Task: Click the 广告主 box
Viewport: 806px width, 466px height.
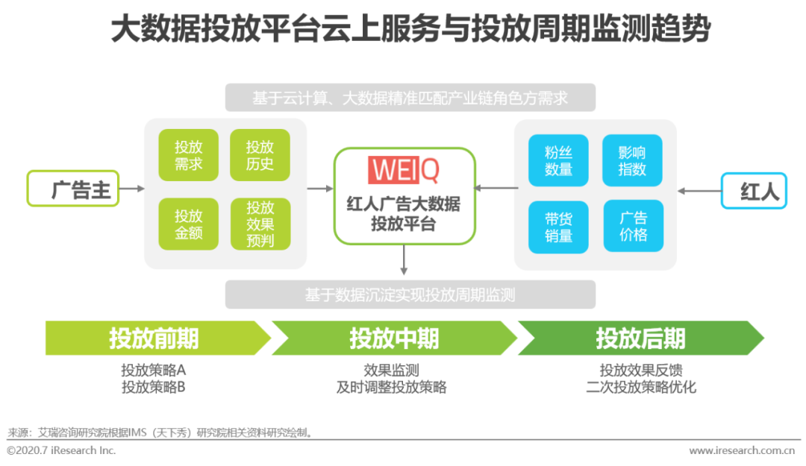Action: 73,189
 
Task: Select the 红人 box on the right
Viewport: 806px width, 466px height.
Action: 753,191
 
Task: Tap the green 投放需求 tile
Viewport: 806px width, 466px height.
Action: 188,155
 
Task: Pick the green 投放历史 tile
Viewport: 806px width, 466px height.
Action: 260,155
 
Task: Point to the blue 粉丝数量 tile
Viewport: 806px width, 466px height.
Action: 558,160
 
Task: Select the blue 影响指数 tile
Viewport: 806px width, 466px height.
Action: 632,160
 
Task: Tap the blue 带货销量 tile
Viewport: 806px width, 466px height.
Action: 558,227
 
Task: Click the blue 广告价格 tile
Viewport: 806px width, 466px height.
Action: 633,227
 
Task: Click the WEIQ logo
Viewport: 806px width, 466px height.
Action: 404,170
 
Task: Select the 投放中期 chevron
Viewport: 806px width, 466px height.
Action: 394,338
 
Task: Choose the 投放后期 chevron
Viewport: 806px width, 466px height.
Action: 640,338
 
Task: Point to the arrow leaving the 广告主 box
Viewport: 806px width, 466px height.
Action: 131,189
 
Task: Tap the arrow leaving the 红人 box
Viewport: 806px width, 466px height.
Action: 699,191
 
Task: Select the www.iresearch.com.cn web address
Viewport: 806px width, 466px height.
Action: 741,450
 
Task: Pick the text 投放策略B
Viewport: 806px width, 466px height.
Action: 153,387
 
